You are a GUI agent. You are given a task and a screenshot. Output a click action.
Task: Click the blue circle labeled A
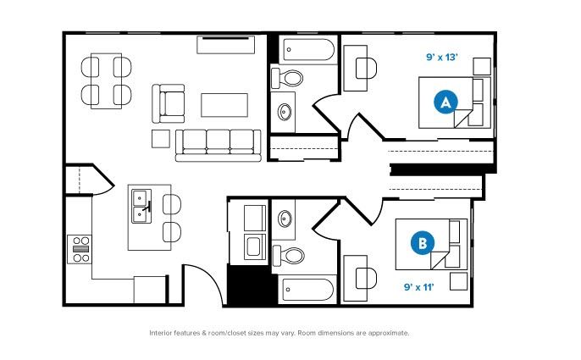445,102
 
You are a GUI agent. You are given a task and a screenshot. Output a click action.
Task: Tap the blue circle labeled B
423,243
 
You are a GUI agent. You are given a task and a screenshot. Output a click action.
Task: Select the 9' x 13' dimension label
442,57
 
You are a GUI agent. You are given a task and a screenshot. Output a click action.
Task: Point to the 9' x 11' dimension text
418,287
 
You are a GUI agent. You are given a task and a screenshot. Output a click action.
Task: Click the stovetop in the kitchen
80,249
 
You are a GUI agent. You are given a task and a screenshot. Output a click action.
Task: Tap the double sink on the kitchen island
141,206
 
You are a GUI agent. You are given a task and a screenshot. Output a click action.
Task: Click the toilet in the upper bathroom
287,78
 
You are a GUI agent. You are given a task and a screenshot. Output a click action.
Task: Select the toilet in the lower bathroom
288,256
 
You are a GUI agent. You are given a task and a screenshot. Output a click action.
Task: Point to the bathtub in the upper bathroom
309,50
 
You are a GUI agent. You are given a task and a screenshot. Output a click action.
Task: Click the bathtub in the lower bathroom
308,290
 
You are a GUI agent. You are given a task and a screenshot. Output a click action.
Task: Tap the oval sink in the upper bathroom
285,112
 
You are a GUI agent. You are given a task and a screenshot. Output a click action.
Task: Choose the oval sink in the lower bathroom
285,219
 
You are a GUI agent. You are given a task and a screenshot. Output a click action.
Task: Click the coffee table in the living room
224,105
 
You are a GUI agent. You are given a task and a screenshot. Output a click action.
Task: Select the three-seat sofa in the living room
218,146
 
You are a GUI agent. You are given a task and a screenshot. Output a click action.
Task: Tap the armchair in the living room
169,103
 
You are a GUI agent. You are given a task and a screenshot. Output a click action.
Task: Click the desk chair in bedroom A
366,69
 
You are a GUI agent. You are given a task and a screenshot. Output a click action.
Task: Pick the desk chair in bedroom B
366,278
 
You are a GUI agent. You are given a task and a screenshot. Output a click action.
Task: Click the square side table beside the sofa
161,139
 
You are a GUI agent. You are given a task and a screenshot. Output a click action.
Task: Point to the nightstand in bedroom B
459,281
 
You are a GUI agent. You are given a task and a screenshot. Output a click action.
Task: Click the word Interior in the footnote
161,333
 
